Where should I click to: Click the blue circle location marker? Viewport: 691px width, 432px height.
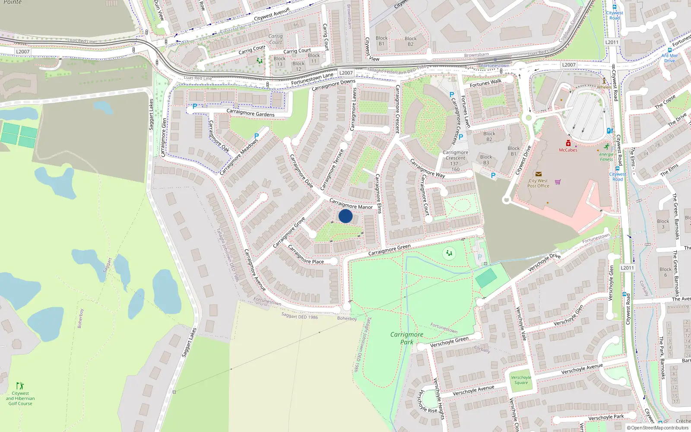[x=345, y=216]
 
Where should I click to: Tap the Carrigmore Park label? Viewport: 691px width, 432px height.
[x=407, y=338]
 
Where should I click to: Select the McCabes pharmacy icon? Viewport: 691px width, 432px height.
[x=568, y=143]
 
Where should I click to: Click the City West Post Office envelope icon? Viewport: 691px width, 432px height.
[x=538, y=174]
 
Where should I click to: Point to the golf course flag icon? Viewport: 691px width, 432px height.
[x=20, y=385]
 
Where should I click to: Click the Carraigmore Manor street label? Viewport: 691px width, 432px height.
[x=351, y=204]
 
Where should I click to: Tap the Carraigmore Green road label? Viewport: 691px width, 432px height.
[x=389, y=250]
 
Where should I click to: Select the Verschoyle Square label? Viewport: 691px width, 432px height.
[x=521, y=380]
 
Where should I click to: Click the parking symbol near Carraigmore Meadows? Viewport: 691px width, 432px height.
[x=257, y=136]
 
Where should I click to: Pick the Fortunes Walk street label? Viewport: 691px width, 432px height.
[x=485, y=83]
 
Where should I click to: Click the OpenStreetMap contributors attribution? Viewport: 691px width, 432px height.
[x=658, y=428]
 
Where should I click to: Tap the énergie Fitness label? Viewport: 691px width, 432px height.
[x=606, y=156]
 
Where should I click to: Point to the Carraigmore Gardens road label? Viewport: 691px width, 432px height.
[x=250, y=113]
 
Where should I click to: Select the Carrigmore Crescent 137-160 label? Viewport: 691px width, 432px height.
[x=455, y=161]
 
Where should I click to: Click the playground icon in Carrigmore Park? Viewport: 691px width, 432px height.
[x=449, y=254]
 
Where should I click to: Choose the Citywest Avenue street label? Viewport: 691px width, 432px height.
[x=272, y=15]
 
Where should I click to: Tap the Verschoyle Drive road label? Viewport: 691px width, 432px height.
[x=544, y=262]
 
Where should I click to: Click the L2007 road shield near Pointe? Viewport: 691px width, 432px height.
[x=22, y=52]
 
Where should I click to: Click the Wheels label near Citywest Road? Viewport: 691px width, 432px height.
[x=604, y=87]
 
